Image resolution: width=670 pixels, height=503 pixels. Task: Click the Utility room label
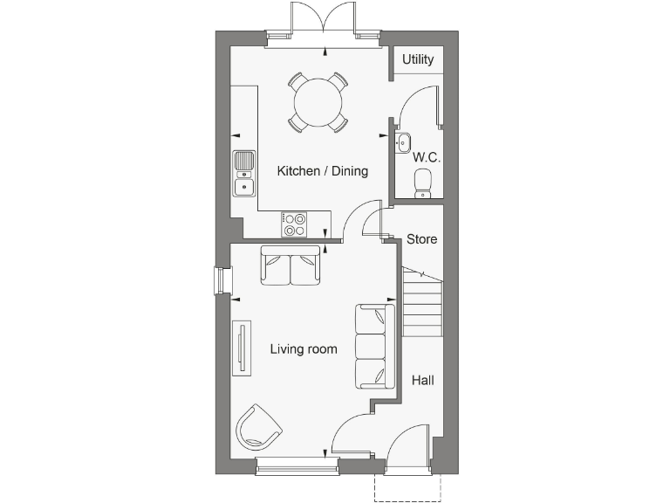coord(418,60)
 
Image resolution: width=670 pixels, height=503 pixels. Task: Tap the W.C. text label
coord(426,158)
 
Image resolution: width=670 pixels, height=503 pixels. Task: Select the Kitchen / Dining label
coord(322,171)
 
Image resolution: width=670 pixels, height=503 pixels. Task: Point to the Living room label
coord(303,349)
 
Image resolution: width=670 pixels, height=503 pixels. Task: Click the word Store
coord(421,238)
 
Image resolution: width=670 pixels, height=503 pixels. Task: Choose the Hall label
coord(422,380)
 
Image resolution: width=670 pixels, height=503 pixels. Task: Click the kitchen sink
coord(244,172)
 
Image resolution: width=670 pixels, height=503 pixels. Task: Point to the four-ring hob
coord(293,224)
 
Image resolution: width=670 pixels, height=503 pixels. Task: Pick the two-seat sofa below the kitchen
coord(291,265)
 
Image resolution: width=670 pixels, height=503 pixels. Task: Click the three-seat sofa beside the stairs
coord(374,347)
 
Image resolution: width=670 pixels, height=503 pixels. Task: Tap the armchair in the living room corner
coord(258,427)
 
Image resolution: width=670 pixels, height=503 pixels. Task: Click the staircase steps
coord(421,301)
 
